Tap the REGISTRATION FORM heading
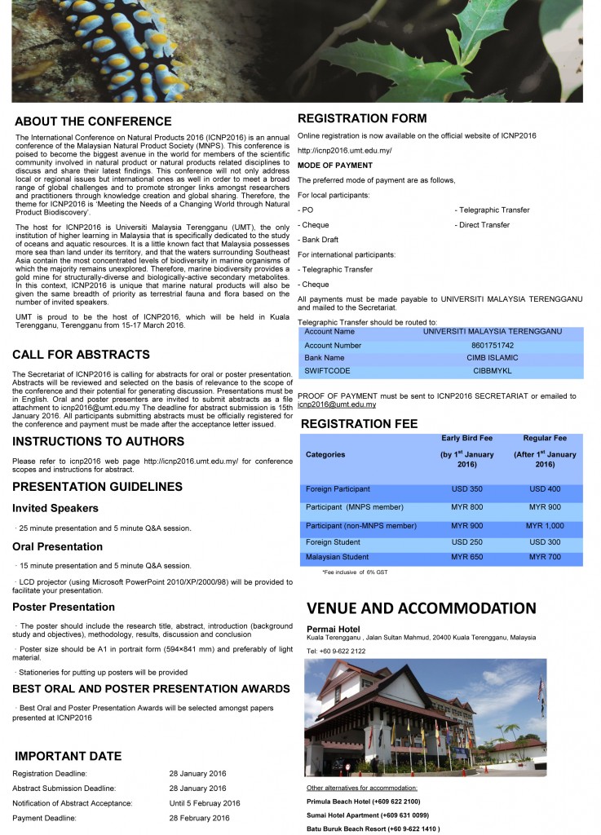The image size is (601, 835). coord(362,118)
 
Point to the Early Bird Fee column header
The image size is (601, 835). coord(466,437)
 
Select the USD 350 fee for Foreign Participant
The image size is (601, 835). coord(466,489)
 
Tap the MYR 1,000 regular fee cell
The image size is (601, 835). coord(545,526)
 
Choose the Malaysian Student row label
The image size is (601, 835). coord(337,557)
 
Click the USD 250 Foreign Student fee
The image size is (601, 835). coord(466,541)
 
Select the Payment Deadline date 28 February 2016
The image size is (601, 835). coord(199,818)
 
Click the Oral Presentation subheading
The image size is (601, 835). coord(57,546)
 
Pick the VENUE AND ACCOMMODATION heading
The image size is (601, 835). coord(422,608)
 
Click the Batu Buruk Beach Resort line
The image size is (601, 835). coord(373,828)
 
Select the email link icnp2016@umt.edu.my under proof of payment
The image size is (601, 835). coord(336,404)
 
